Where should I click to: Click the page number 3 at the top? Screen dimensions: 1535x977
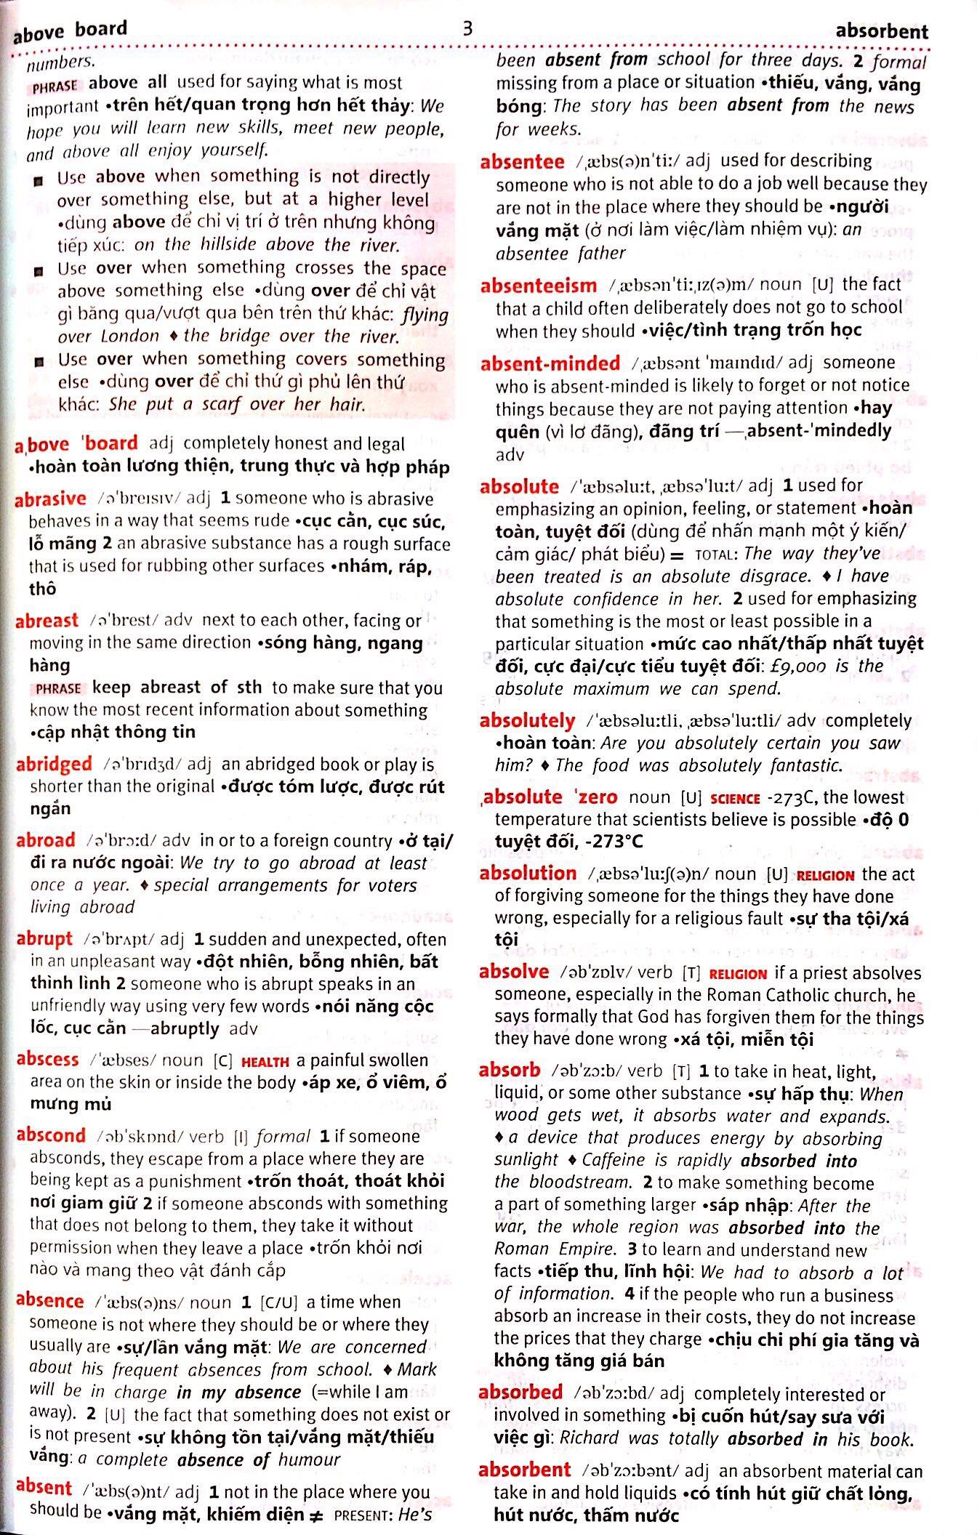(468, 28)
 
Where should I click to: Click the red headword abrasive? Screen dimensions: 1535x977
(50, 499)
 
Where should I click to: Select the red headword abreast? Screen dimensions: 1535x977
(47, 621)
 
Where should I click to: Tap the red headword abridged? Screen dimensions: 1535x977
(54, 764)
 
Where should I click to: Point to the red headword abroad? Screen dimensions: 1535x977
(46, 840)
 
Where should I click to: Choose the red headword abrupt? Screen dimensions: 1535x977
(44, 939)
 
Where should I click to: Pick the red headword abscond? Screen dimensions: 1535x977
(51, 1135)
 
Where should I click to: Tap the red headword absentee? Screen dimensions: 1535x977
(522, 161)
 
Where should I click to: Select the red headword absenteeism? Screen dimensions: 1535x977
(538, 286)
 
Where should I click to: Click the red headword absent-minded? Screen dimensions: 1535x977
(550, 363)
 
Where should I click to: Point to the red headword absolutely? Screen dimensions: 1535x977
(527, 721)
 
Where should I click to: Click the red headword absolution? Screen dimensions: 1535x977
(528, 874)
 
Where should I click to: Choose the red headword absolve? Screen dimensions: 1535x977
(514, 972)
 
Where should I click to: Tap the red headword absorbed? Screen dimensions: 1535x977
(520, 1393)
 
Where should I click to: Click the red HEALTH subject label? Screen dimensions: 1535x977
(265, 1062)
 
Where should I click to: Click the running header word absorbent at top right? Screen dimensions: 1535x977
(881, 31)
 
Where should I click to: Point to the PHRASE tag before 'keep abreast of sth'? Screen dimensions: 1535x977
(58, 689)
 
